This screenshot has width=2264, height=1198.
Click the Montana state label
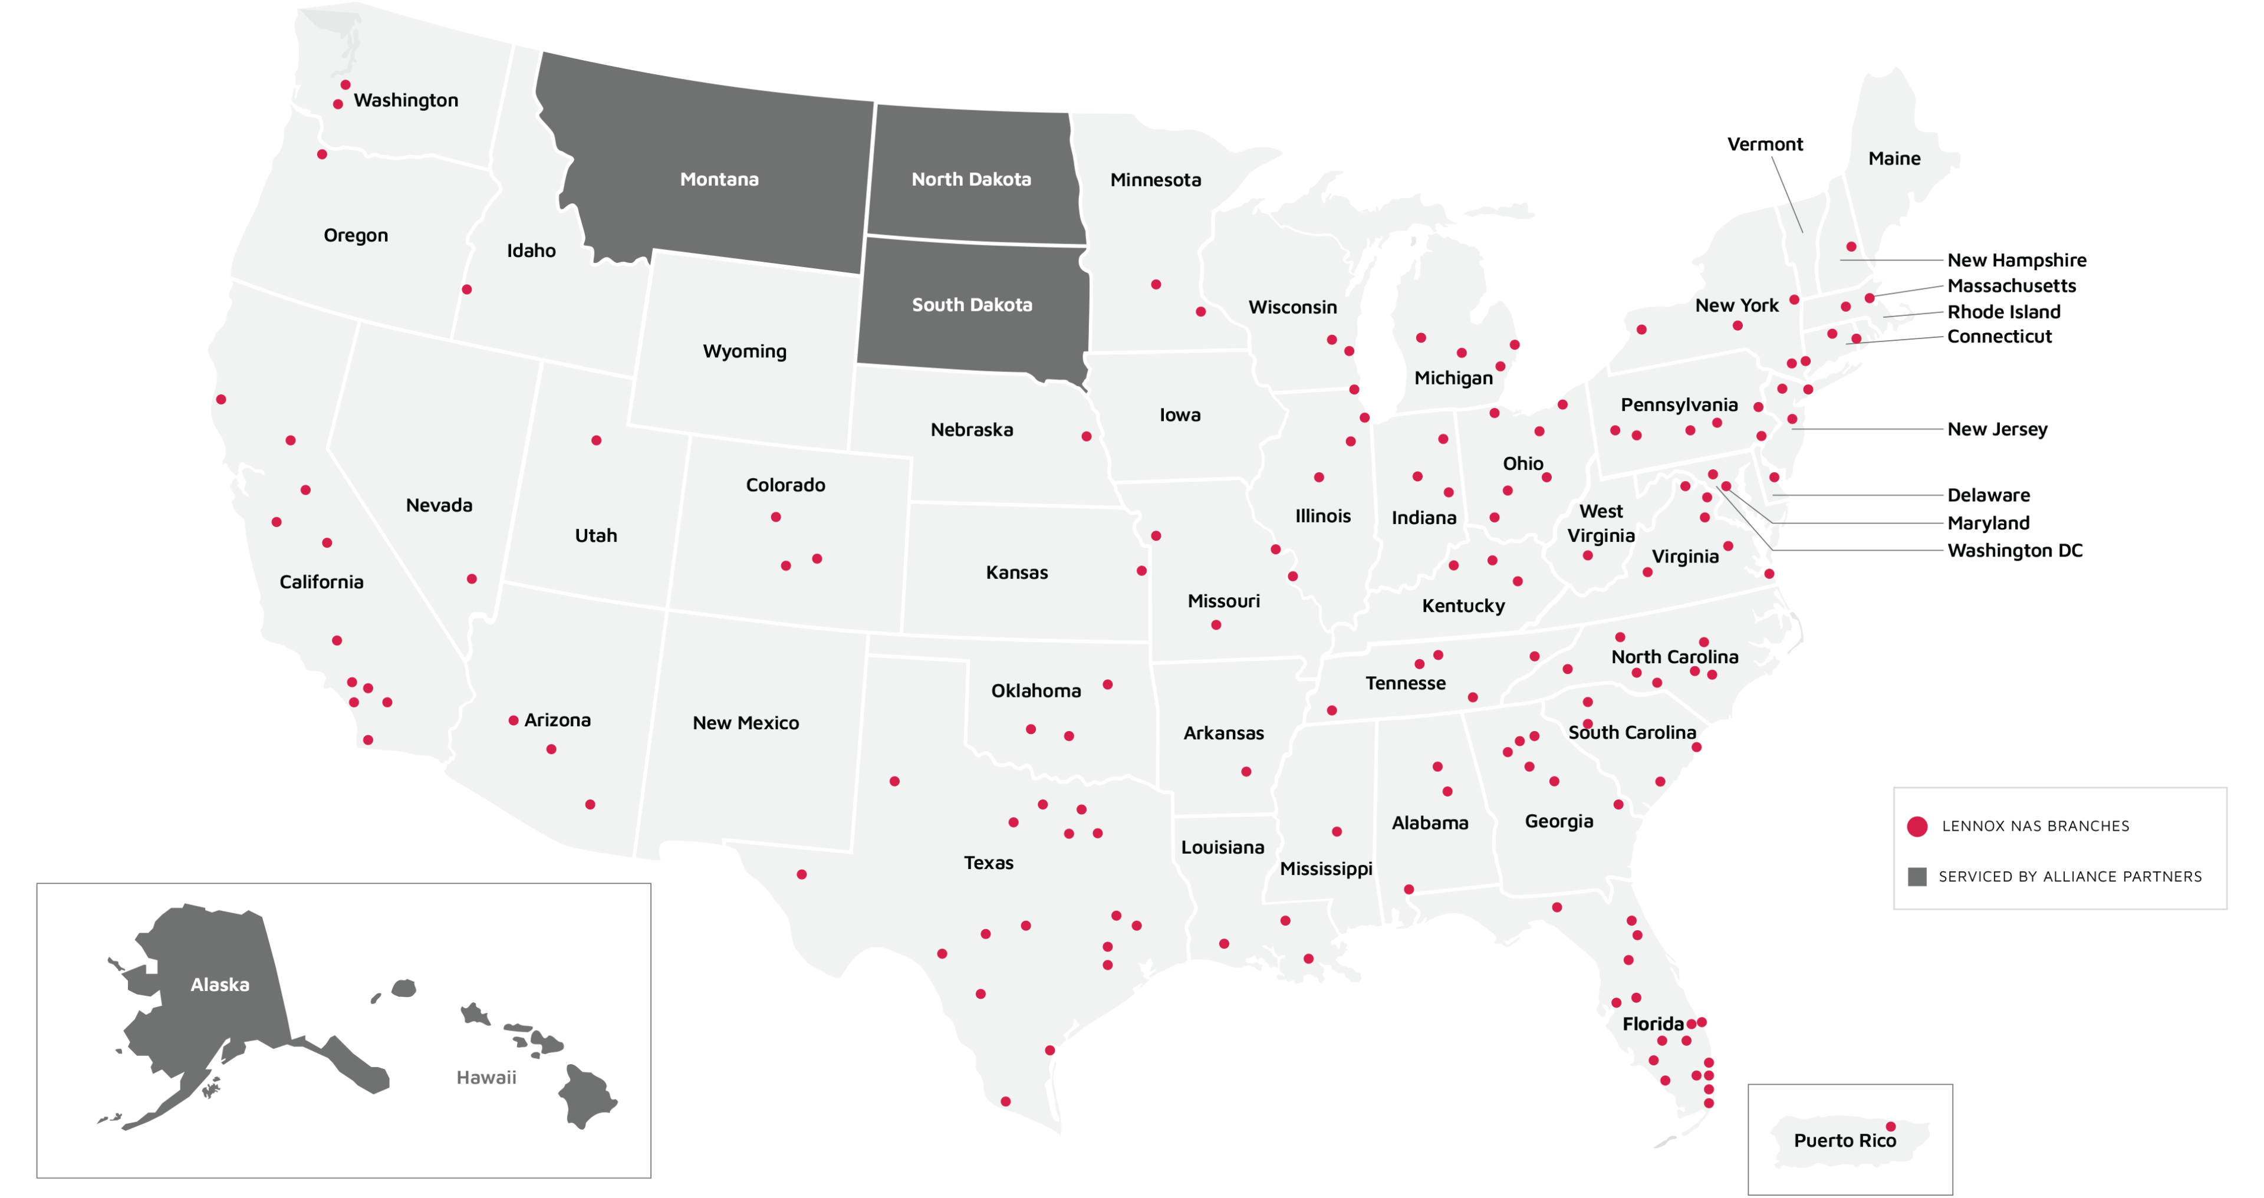coord(719,179)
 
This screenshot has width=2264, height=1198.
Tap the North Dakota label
coord(971,179)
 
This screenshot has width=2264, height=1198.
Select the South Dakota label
coord(972,305)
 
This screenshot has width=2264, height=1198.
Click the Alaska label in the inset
coord(220,985)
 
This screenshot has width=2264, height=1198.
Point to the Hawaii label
coord(486,1078)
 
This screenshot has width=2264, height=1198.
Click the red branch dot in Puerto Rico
coord(1890,1126)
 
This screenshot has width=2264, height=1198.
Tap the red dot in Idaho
coord(467,289)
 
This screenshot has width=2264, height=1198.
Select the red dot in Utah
coord(596,440)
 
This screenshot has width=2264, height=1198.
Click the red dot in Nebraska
coord(1086,436)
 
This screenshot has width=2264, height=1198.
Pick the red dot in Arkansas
coord(1246,772)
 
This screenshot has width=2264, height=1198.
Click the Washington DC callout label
coord(2015,550)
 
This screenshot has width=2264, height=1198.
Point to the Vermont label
coord(1765,144)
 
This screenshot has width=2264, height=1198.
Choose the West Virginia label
coord(1601,523)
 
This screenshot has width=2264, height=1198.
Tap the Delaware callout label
coord(1988,495)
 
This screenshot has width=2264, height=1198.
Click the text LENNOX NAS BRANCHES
coord(2035,826)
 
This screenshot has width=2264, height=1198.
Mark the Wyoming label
coord(745,351)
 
